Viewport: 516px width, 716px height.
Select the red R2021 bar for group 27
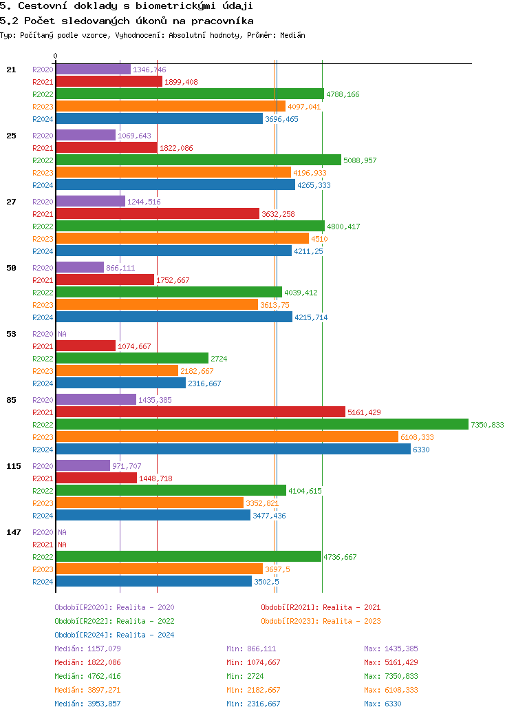[158, 214]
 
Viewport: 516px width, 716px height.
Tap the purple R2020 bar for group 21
[93, 70]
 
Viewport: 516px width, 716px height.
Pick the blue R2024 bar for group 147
[153, 582]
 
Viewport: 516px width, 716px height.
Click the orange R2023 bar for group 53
[117, 371]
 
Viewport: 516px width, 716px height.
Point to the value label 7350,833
[487, 425]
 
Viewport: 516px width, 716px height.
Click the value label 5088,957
[360, 160]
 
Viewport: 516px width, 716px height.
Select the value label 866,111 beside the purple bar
[120, 268]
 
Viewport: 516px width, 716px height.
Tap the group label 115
[14, 466]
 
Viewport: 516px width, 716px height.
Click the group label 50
[11, 268]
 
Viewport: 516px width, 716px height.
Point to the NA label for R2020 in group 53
[62, 334]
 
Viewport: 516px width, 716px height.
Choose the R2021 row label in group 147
[43, 545]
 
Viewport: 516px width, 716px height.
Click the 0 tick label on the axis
[56, 56]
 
